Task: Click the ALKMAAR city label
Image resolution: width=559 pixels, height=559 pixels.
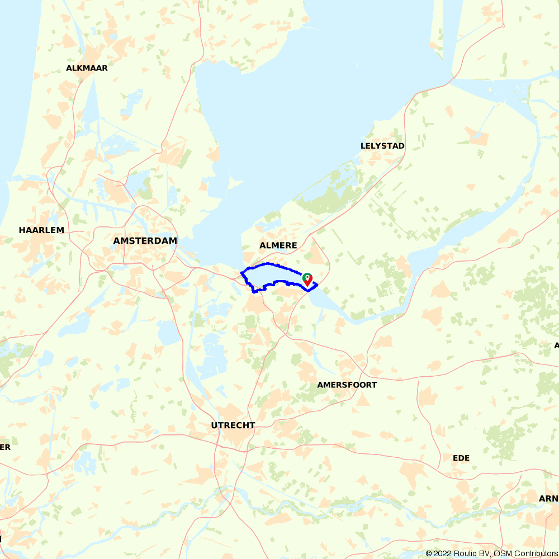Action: tap(87, 68)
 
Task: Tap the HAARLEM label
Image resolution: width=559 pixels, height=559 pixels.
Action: tap(41, 230)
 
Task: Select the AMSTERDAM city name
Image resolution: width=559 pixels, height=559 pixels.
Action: tap(145, 240)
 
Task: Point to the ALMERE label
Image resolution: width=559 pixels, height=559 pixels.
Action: tap(278, 245)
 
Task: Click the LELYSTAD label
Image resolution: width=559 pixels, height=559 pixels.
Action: tap(382, 146)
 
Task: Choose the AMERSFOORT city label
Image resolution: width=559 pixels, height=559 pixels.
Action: tap(347, 385)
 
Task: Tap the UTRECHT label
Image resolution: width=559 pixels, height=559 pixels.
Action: tap(233, 425)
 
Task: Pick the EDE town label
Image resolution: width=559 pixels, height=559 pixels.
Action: tap(461, 458)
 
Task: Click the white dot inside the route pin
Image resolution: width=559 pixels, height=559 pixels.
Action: tap(307, 277)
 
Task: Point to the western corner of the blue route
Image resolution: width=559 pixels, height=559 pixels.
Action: tap(241, 272)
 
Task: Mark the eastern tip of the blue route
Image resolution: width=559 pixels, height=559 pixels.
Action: tap(317, 285)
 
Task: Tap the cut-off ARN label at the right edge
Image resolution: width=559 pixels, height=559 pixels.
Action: tap(548, 498)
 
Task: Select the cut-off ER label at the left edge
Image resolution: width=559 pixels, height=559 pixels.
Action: tap(5, 447)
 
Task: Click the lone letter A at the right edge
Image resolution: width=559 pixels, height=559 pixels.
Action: tap(556, 345)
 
